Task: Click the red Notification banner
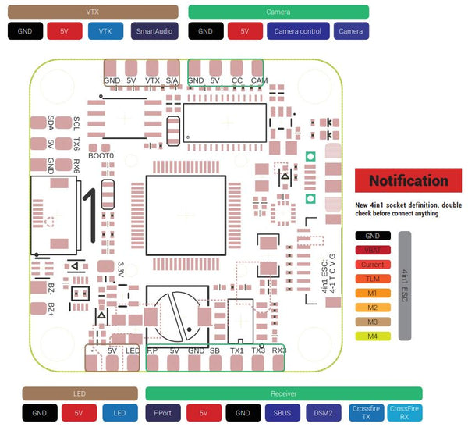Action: click(408, 181)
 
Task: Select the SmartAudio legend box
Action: click(155, 31)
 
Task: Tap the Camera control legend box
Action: click(298, 31)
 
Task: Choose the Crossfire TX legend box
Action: click(365, 411)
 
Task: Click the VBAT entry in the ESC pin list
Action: click(372, 250)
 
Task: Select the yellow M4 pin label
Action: click(372, 336)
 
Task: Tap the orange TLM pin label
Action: click(372, 279)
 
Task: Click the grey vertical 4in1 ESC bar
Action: click(405, 285)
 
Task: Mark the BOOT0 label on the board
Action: click(101, 156)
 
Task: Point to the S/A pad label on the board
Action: click(172, 80)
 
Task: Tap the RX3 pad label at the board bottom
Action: click(279, 351)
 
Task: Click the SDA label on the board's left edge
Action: click(51, 123)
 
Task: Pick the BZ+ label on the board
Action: click(51, 308)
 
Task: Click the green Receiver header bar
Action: click(284, 393)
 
